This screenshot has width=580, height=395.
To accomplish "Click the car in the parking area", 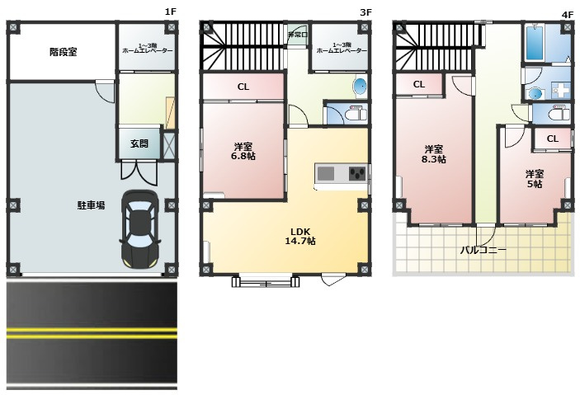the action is point(139,229).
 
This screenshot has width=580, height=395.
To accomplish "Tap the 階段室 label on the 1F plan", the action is point(64,52).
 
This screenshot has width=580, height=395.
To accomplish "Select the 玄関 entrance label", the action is point(139,143).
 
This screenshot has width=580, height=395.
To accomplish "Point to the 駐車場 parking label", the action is point(91,205).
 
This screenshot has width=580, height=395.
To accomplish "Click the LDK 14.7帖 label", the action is point(300,237).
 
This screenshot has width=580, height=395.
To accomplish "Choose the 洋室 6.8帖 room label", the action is point(243,151).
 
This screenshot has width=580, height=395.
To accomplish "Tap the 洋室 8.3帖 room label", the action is point(433,154).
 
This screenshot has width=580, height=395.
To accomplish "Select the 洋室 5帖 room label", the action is point(535,179).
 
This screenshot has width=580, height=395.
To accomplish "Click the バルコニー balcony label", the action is point(483,250).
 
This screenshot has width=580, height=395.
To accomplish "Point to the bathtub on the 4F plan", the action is point(535,43).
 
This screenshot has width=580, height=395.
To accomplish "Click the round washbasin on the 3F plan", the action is point(360,87).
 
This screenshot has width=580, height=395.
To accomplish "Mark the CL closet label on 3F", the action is point(243,87).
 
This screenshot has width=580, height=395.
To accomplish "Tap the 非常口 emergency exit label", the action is point(297,35).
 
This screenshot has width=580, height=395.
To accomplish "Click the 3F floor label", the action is point(365,12).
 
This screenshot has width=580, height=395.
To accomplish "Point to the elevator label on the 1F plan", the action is point(147,48).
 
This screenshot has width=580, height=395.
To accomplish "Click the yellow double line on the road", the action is point(92,333).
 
